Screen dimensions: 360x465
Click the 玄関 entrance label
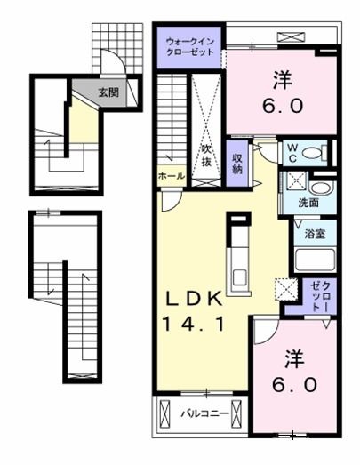[x=108, y=92]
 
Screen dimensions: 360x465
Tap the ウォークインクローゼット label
[x=190, y=47]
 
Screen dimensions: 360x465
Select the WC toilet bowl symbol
[x=312, y=153]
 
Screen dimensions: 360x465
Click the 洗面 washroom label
[x=308, y=203]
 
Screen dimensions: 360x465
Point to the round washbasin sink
[x=321, y=188]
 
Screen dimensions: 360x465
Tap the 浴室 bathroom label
[x=315, y=234]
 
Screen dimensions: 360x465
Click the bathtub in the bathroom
[x=315, y=261]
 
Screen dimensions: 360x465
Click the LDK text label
[x=194, y=299]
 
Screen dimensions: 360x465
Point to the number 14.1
[x=193, y=324]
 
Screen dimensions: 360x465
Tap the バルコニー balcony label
[x=205, y=413]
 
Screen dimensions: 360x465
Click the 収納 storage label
[x=237, y=164]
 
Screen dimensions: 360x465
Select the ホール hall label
[x=172, y=176]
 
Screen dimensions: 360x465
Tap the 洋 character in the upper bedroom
[x=283, y=79]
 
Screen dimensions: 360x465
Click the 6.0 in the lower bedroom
[x=295, y=385]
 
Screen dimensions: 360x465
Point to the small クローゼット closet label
[x=320, y=297]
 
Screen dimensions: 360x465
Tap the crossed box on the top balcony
[x=291, y=37]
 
